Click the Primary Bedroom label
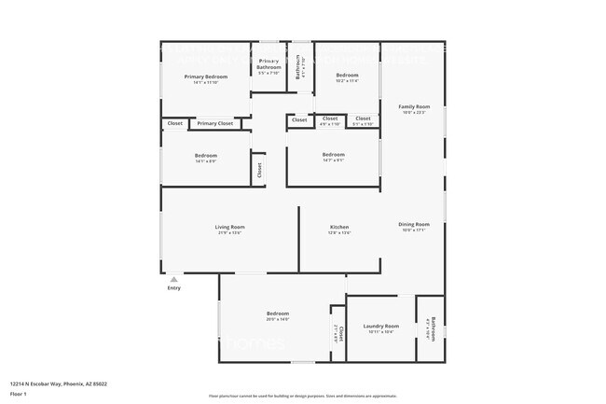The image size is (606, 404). pyautogui.click(x=205, y=77)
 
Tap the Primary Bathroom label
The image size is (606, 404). pyautogui.click(x=269, y=63)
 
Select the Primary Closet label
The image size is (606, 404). pyautogui.click(x=214, y=123)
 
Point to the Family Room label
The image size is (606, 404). pyautogui.click(x=414, y=106)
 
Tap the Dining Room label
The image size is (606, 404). pyautogui.click(x=414, y=224)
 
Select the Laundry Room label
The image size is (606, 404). pyautogui.click(x=380, y=326)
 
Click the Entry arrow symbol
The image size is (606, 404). pyautogui.click(x=173, y=279)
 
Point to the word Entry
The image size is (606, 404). pyautogui.click(x=174, y=287)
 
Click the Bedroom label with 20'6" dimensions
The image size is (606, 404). pyautogui.click(x=278, y=313)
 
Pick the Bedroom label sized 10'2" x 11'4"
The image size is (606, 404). pyautogui.click(x=347, y=75)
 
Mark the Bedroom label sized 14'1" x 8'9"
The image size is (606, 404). pyautogui.click(x=206, y=155)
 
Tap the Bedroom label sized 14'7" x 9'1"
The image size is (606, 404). pyautogui.click(x=333, y=154)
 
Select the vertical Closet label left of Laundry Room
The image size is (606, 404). pyautogui.click(x=340, y=333)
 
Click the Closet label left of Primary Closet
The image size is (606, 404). pyautogui.click(x=174, y=123)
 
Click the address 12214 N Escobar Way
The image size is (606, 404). pyautogui.click(x=59, y=383)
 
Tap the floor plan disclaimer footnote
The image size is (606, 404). pyautogui.click(x=303, y=397)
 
